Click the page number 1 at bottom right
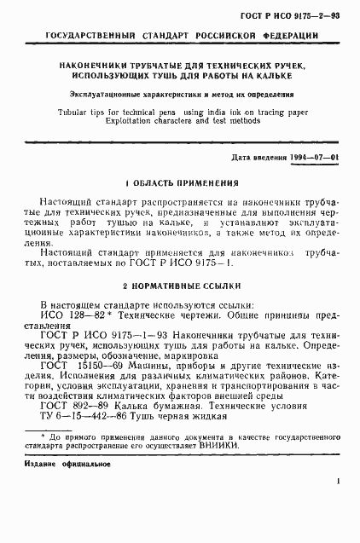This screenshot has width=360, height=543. [340, 508]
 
